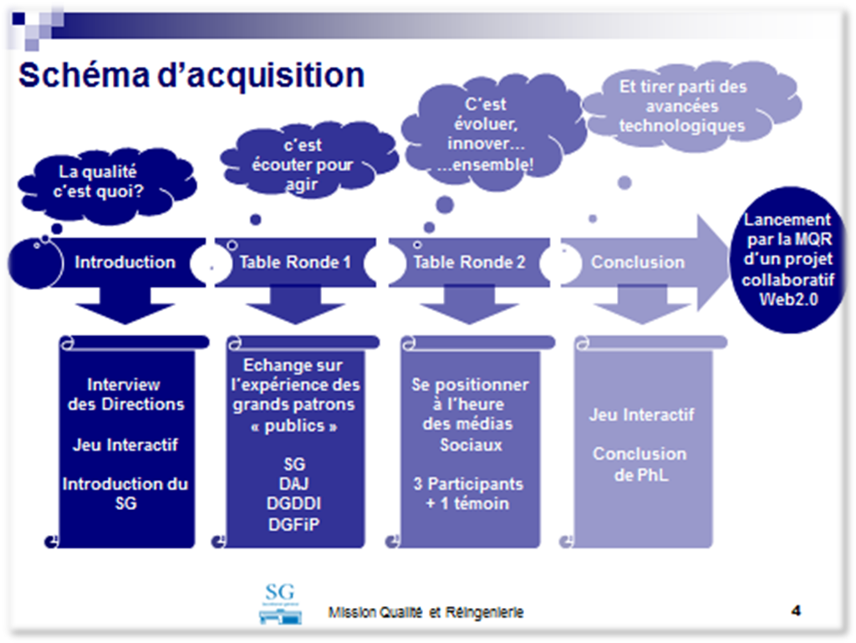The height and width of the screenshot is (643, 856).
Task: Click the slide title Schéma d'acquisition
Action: tap(191, 74)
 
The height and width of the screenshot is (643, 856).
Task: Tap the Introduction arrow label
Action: tap(125, 262)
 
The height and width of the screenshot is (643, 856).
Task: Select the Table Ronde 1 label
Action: tap(295, 262)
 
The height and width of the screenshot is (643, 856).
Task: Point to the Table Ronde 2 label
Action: tap(469, 262)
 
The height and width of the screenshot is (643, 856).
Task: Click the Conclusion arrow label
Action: tap(638, 262)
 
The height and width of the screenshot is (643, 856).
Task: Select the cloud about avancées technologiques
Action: tap(689, 105)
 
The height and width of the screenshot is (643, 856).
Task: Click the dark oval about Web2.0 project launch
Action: tap(787, 259)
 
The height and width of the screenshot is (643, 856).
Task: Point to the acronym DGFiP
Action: tap(293, 524)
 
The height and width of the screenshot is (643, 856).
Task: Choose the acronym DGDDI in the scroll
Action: tap(293, 503)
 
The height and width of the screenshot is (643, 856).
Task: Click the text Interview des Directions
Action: tap(125, 394)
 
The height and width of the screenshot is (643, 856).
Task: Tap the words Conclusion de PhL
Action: tap(640, 464)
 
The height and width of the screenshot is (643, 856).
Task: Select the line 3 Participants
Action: tap(468, 483)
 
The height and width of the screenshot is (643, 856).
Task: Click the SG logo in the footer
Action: tap(280, 603)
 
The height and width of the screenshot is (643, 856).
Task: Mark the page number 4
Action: tap(796, 610)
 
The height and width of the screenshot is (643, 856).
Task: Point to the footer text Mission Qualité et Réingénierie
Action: tap(425, 612)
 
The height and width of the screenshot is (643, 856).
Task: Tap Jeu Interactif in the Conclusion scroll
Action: tap(641, 415)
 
